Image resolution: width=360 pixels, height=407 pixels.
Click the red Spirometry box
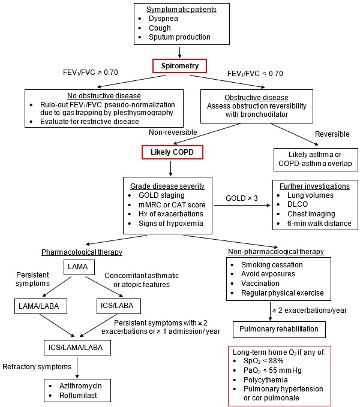pos(180,65)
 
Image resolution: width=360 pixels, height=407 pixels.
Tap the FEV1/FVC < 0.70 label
pos(255,73)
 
